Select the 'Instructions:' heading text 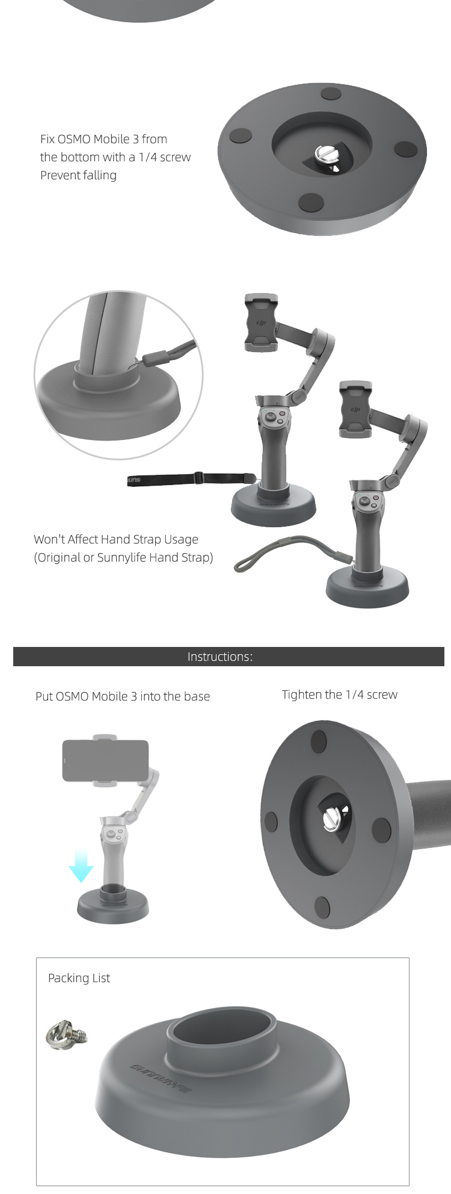click(x=220, y=657)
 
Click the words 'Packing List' click(x=79, y=978)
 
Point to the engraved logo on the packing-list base click(x=161, y=1078)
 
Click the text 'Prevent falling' click(x=78, y=175)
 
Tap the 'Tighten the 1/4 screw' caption click(x=340, y=694)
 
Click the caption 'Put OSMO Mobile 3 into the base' click(x=123, y=696)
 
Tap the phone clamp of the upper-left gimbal click(x=261, y=323)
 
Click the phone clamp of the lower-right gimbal click(x=355, y=409)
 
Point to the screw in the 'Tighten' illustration click(x=332, y=818)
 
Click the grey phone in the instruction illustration click(x=105, y=761)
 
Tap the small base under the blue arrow click(x=112, y=904)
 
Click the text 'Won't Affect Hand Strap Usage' click(x=116, y=539)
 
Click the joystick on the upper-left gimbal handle click(x=272, y=415)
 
